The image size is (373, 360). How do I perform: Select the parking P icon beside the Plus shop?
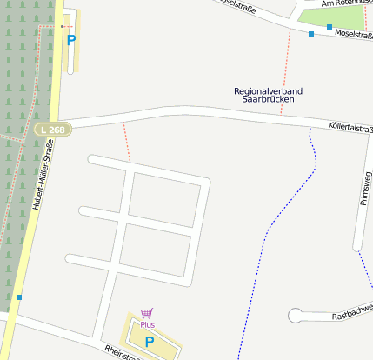point(149,342)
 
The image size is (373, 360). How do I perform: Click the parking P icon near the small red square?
point(71,39)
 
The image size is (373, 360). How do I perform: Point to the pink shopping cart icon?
point(146,313)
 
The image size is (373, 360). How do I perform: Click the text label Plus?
point(147,324)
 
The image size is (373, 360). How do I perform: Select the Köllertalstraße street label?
point(350,128)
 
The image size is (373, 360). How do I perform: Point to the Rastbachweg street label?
point(352,311)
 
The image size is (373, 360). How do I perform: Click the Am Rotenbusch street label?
point(346,3)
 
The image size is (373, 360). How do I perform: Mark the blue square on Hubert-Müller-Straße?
point(18,297)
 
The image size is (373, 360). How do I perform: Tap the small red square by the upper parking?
point(62,27)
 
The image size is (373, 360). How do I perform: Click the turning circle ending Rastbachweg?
point(296,316)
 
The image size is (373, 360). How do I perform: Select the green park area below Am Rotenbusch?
point(327,15)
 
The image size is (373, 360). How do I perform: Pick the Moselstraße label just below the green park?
point(353,35)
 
